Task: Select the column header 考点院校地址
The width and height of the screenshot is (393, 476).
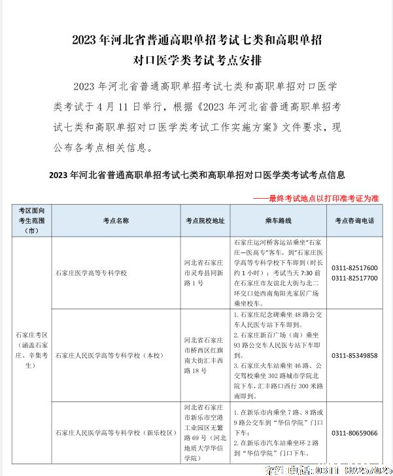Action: (205, 221)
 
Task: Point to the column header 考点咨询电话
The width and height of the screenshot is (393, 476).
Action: (354, 221)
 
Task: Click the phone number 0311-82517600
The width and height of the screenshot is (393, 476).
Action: (354, 268)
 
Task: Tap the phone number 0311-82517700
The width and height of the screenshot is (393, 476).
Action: (354, 278)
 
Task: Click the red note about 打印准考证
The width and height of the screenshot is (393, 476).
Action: (316, 197)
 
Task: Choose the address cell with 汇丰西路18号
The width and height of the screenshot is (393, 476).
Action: (205, 355)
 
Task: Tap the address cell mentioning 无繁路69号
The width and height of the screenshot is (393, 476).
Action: (205, 433)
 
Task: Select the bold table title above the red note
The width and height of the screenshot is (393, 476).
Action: (196, 175)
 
